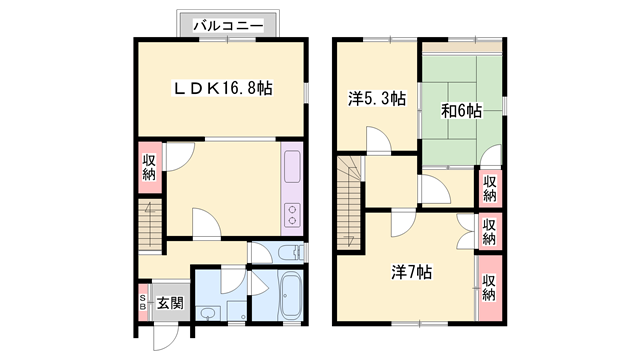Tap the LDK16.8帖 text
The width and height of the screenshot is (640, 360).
[222, 88]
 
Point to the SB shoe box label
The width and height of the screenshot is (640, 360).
[143, 302]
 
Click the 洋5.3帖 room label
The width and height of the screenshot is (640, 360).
[377, 98]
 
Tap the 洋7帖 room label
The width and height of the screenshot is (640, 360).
[411, 271]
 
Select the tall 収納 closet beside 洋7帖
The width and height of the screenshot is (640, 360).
[489, 287]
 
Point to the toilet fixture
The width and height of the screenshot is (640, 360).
[286, 254]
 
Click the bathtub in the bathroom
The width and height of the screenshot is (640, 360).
[289, 296]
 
